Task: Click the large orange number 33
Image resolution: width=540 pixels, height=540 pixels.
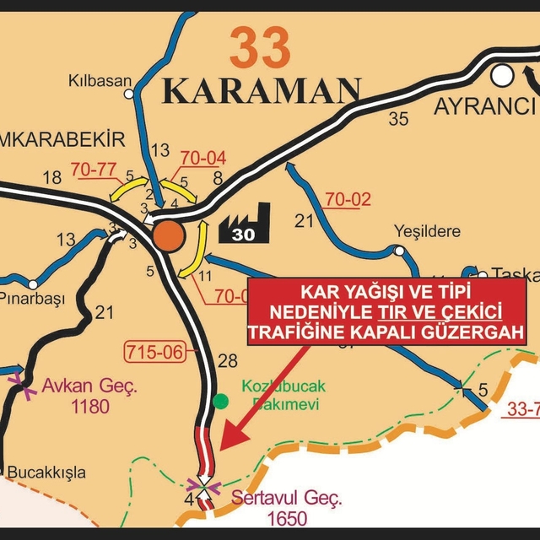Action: click(x=260, y=47)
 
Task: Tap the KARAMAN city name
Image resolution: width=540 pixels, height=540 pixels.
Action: click(x=262, y=89)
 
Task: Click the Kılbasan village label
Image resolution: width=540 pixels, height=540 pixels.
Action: click(x=100, y=82)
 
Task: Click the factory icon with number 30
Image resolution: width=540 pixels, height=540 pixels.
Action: click(x=245, y=221)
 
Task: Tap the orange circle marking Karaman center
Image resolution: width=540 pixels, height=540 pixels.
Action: click(x=168, y=235)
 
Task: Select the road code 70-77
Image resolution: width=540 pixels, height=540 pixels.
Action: click(x=93, y=169)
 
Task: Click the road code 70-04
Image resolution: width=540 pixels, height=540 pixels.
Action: click(x=203, y=158)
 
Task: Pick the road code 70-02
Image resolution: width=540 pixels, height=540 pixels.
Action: click(x=348, y=200)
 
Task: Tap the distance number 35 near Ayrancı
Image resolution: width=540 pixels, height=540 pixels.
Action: click(x=398, y=118)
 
